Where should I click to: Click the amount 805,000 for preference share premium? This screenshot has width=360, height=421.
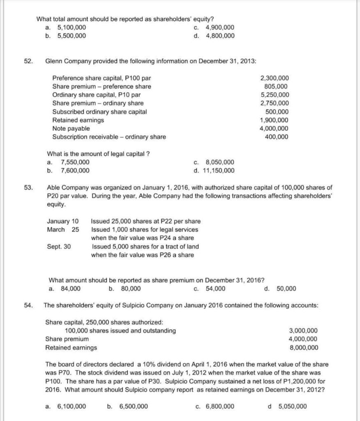(x=276, y=86)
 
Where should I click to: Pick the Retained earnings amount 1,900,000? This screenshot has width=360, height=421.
(x=275, y=120)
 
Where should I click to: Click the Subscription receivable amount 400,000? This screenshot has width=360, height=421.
(x=277, y=137)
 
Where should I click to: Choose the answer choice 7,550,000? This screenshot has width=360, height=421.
(x=75, y=162)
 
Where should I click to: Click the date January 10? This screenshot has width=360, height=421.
(x=63, y=221)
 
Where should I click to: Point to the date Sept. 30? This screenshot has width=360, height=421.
(x=59, y=247)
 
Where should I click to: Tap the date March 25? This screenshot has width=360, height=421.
(x=63, y=229)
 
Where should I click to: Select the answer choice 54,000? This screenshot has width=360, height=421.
(x=215, y=289)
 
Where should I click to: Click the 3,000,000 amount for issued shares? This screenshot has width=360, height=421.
(x=303, y=331)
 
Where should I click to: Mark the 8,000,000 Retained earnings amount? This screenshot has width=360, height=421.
(x=303, y=347)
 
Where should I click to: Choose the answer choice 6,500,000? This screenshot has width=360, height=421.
(x=134, y=406)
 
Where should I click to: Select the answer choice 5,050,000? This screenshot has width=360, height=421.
(x=292, y=406)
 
